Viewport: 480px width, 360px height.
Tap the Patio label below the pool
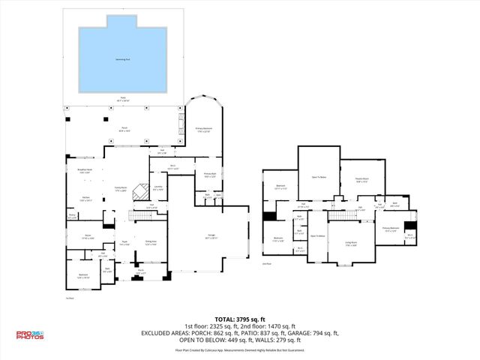click(x=124, y=98)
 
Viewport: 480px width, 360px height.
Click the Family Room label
click(x=120, y=189)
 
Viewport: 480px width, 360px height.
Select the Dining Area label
click(x=150, y=241)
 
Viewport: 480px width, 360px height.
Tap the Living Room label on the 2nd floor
click(x=350, y=242)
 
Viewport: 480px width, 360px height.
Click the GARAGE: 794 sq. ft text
click(x=313, y=333)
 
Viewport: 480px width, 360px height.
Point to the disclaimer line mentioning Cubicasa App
click(x=240, y=349)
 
